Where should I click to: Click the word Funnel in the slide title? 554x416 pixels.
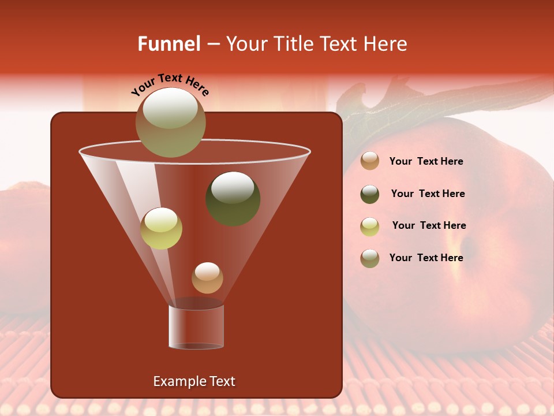click(169, 44)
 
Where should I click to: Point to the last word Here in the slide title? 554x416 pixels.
click(387, 44)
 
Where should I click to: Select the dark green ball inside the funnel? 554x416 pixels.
click(233, 199)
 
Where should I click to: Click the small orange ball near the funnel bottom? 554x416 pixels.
click(207, 278)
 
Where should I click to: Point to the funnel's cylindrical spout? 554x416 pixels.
click(196, 326)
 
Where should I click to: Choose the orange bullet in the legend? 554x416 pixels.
click(370, 161)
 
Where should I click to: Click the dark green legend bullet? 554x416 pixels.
click(370, 194)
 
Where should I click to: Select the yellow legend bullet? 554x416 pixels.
click(370, 226)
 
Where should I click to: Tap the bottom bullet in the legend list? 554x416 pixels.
click(370, 258)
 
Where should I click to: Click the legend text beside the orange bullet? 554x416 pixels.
click(426, 162)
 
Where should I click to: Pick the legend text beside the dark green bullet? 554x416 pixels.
click(428, 194)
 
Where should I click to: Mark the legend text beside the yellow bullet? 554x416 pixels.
click(429, 226)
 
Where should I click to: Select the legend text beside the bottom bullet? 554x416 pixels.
click(426, 258)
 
